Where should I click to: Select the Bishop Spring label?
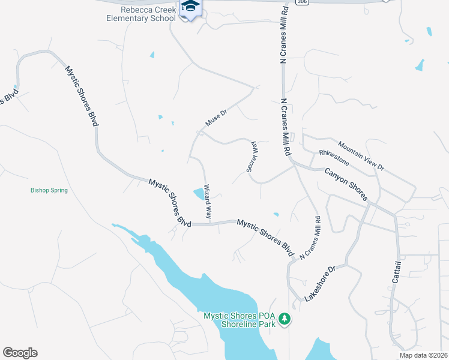pyautogui.click(x=49, y=190)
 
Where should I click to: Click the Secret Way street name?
pyautogui.click(x=252, y=157)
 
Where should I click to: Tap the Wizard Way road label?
pyautogui.click(x=207, y=201)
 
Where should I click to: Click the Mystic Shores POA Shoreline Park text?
pyautogui.click(x=240, y=319)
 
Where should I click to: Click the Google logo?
pyautogui.click(x=20, y=353)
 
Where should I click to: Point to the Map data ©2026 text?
pyautogui.click(x=423, y=355)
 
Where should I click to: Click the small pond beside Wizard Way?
pyautogui.click(x=198, y=193)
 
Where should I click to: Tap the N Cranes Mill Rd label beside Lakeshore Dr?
pyautogui.click(x=310, y=239)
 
